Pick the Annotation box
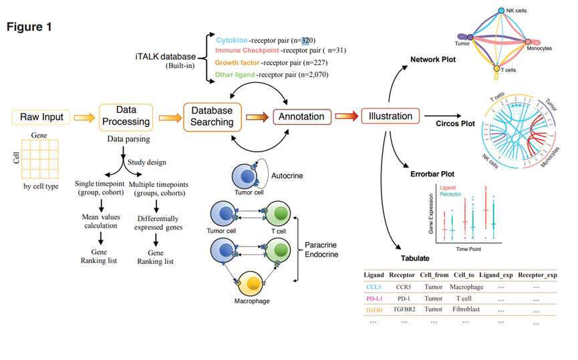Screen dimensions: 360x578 [301, 117]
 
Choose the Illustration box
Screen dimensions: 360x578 [390, 116]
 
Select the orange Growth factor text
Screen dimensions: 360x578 [237, 63]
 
